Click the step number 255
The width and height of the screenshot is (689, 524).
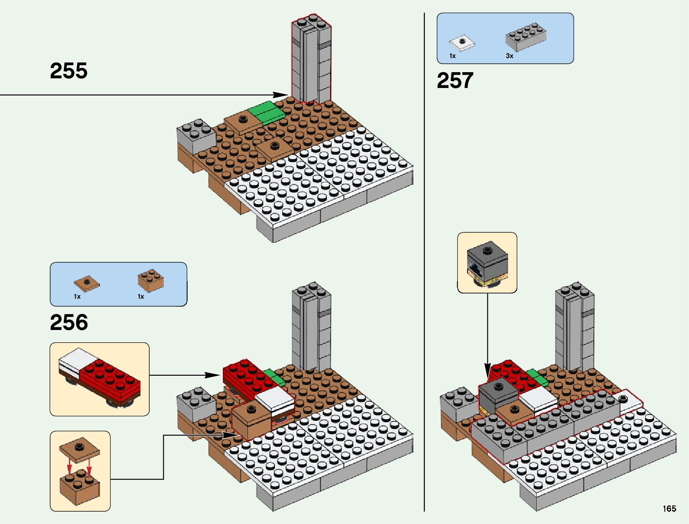tap(69, 71)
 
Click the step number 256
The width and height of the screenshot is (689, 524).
tap(69, 322)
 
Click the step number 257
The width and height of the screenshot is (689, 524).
tap(455, 81)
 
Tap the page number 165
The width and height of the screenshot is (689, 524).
tap(669, 509)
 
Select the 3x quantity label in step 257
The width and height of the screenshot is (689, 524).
tap(509, 56)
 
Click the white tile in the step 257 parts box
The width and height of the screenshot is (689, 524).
tap(462, 43)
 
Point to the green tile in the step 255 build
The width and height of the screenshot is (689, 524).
tap(266, 112)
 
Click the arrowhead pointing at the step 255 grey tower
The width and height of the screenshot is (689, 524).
tap(280, 95)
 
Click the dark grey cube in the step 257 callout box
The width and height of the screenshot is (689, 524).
tap(487, 262)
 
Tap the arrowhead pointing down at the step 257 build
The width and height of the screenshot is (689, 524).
tap(487, 369)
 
